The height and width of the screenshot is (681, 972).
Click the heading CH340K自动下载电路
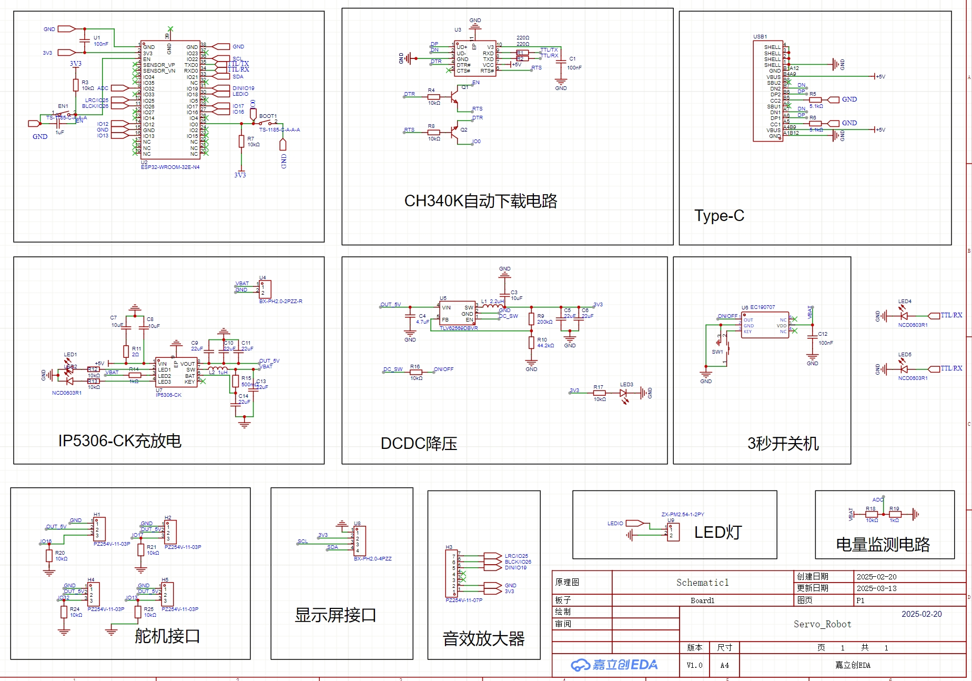pos(480,201)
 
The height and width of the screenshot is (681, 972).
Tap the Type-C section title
pos(719,216)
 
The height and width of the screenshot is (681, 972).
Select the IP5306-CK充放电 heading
pos(119,440)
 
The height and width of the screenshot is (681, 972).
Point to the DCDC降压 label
pos(419,444)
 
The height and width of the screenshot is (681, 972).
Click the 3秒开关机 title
pos(783,444)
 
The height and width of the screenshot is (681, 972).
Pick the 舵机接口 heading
pos(167,636)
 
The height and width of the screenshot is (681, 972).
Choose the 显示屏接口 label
pos(335,615)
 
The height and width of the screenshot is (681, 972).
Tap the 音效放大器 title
pos(483,639)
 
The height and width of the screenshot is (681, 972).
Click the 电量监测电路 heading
pos(883,544)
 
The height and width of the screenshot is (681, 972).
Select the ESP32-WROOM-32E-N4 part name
pos(170,167)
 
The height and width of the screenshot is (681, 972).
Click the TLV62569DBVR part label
pos(459,328)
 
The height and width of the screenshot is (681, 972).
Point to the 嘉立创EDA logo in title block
pos(614,665)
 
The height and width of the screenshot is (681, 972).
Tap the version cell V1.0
pos(694,665)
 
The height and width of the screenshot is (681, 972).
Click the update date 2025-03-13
pos(876,588)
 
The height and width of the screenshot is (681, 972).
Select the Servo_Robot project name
pos(822,624)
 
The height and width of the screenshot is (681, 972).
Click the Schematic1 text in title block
pos(702,583)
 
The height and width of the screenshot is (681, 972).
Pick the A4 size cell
pos(724,665)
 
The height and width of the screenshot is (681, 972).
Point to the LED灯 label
pos(717,532)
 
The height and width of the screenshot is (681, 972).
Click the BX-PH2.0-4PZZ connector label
pos(372,559)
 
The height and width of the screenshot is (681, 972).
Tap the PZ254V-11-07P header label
pos(463,600)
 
